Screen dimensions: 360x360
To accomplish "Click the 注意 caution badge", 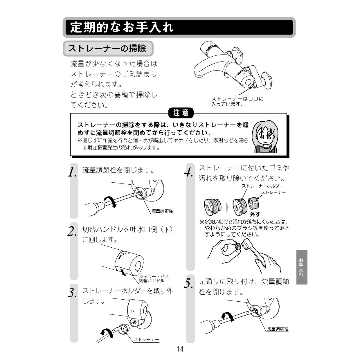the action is click(181, 113).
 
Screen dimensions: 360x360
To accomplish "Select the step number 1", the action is click(72, 172).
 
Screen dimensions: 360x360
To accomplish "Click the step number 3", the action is click(72, 292).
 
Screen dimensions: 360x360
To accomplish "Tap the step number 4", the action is click(189, 172).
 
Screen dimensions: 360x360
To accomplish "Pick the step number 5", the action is click(188, 283).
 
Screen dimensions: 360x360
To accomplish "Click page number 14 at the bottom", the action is click(180, 349).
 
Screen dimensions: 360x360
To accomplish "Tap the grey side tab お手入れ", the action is click(302, 267).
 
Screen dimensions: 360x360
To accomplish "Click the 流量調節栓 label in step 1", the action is click(162, 211).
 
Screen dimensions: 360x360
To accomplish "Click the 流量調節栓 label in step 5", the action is click(278, 329).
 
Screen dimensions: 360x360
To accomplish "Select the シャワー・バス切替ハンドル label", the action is click(154, 278).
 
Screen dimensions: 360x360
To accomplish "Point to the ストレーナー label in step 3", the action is click(146, 339).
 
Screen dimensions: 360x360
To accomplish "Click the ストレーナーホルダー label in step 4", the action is click(262, 186).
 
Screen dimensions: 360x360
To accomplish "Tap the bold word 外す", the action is click(255, 214).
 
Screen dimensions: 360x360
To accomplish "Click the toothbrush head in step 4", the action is click(245, 244).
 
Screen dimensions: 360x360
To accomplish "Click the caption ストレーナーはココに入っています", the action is click(237, 101).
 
